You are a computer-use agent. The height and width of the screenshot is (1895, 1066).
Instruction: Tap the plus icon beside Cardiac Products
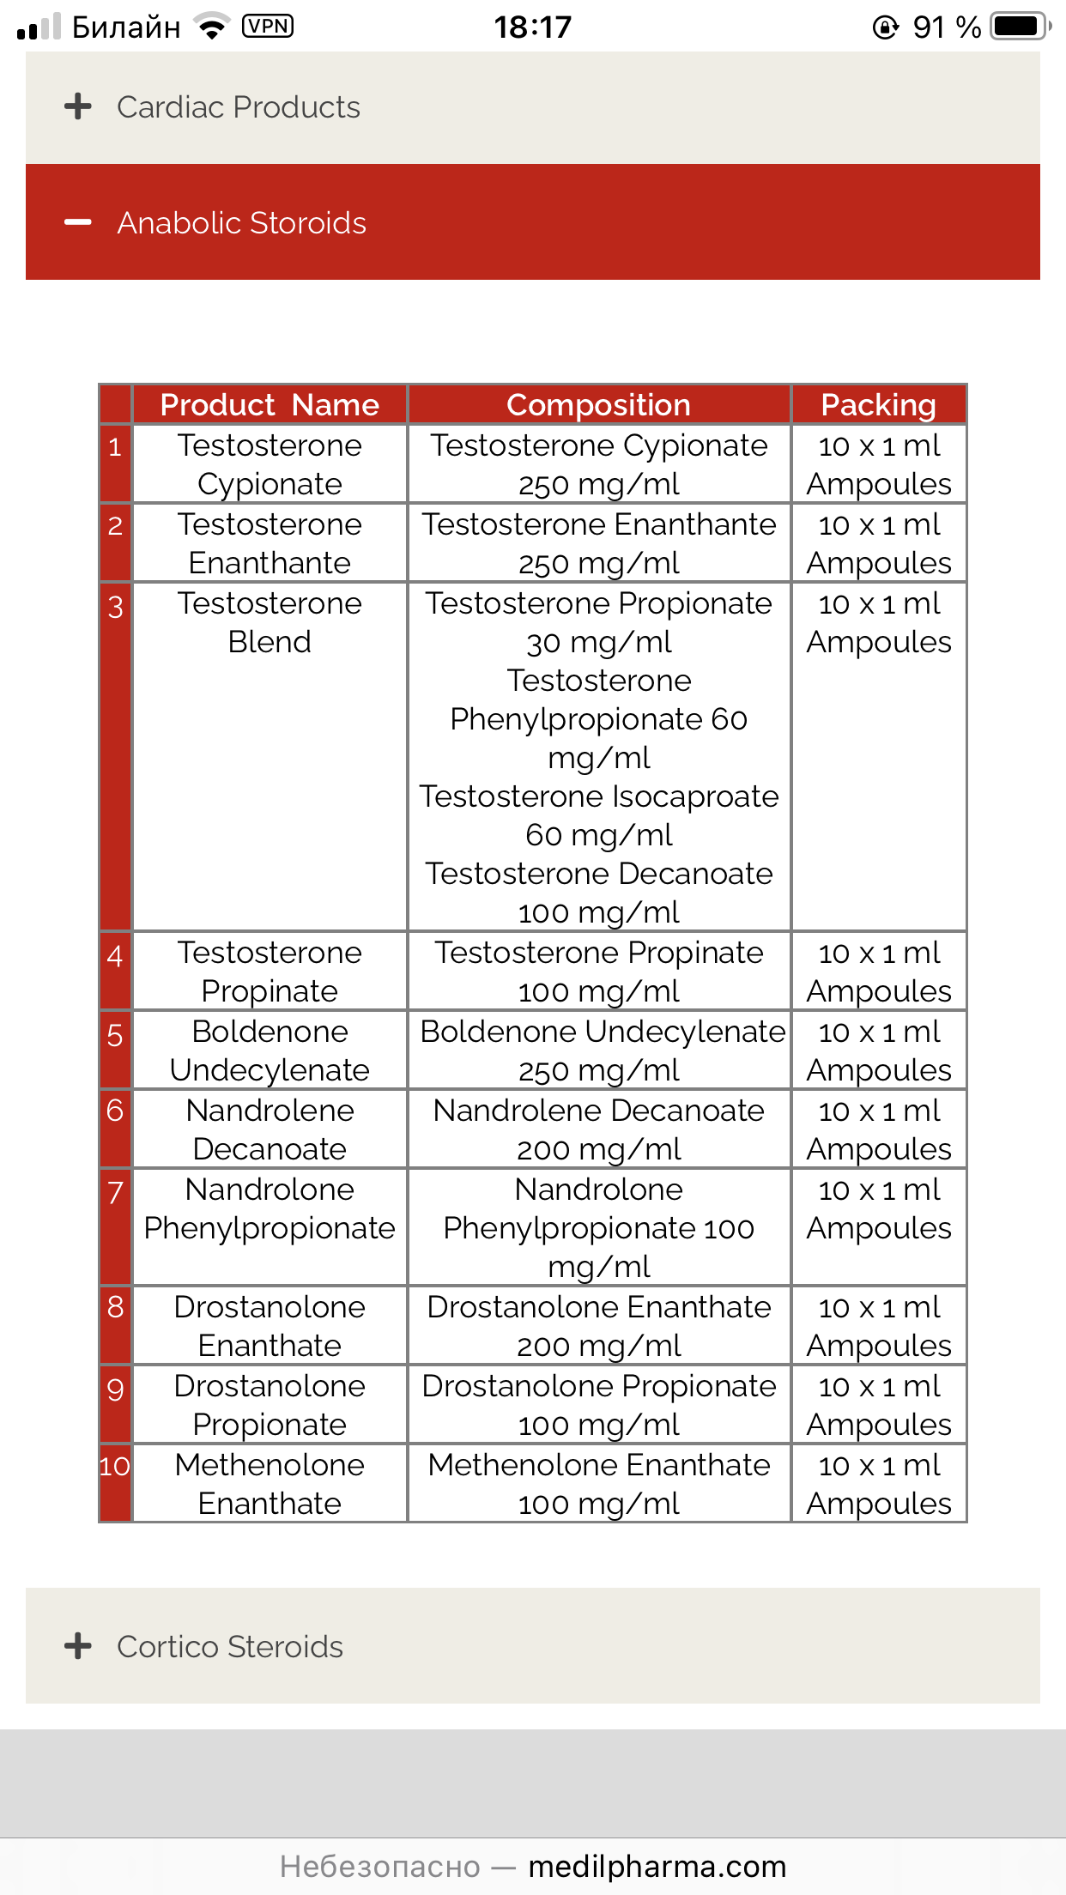[x=77, y=106]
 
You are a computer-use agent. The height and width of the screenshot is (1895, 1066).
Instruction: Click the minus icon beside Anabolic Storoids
[x=77, y=222]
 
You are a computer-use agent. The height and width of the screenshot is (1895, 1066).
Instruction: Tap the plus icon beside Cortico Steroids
[x=77, y=1646]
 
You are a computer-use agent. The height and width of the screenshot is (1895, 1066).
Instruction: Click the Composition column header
[x=598, y=405]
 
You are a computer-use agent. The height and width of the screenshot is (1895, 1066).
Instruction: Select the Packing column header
[x=878, y=405]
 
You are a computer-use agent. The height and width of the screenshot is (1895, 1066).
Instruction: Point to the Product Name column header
[x=270, y=405]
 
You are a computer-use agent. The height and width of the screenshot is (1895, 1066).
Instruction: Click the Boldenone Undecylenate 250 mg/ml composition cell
[x=599, y=1050]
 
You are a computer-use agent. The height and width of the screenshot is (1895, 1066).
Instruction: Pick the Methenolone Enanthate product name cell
[x=270, y=1484]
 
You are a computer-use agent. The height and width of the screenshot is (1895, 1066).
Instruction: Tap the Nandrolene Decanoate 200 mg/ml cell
[x=599, y=1129]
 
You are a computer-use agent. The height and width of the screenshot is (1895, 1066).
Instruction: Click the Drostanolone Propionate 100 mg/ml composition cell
[x=599, y=1405]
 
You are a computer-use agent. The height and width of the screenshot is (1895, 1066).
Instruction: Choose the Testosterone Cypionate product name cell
[x=270, y=464]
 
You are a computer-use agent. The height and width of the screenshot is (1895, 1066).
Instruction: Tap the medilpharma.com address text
[x=657, y=1867]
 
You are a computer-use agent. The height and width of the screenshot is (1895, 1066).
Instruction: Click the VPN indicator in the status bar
[x=268, y=27]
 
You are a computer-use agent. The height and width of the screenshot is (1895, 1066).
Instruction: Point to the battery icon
[x=1019, y=27]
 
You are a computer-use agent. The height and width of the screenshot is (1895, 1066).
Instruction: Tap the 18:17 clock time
[x=532, y=27]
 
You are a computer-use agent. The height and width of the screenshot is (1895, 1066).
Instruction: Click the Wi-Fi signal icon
[x=212, y=27]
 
